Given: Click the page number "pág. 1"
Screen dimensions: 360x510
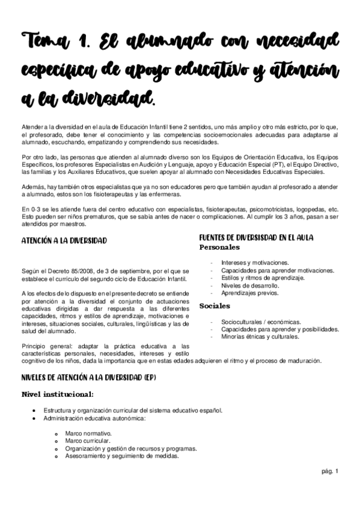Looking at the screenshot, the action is [331, 471].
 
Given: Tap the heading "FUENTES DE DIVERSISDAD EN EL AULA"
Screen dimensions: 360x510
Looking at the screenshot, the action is [264, 238].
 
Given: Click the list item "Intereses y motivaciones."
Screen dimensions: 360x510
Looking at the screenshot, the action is [255, 263].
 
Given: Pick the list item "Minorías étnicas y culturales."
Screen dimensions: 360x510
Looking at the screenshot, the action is [260, 337].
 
